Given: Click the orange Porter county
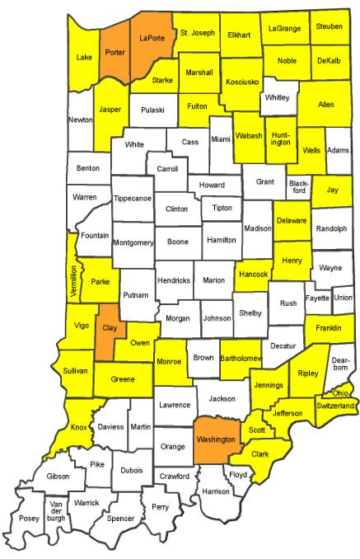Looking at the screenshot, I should [115, 49].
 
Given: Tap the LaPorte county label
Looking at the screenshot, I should [152, 38].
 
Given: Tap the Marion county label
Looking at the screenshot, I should [213, 280].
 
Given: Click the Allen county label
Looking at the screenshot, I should [325, 106].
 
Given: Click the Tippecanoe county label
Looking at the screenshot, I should [132, 198].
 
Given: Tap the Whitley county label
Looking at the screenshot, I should [276, 98].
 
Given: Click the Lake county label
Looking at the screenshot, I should [83, 57].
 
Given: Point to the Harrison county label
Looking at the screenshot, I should [215, 492].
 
